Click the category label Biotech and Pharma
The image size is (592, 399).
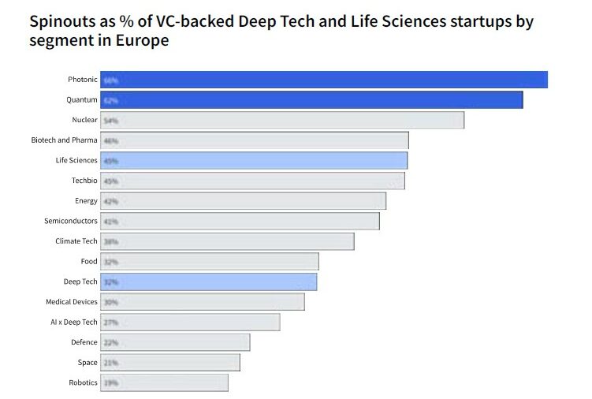point(64,140)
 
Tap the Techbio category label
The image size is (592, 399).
point(84,181)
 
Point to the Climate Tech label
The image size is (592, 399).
point(76,241)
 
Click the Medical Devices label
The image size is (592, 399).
point(72,302)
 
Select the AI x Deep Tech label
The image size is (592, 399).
point(73,322)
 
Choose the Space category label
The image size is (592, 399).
point(87,363)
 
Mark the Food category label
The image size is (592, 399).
point(89,261)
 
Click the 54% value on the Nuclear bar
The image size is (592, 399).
point(110,121)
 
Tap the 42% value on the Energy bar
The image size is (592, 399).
point(110,201)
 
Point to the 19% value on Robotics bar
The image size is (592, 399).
point(110,383)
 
